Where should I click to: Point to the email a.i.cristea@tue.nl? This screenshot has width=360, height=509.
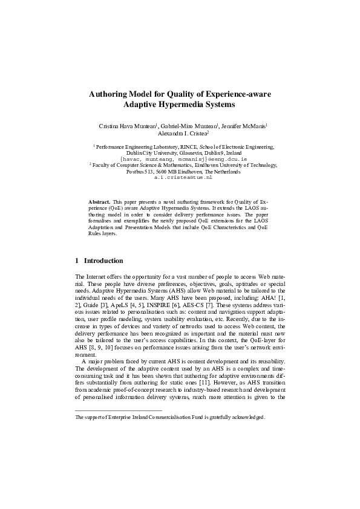(183, 178)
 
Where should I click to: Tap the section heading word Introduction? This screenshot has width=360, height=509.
(103, 261)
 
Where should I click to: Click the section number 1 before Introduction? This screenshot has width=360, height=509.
(77, 261)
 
